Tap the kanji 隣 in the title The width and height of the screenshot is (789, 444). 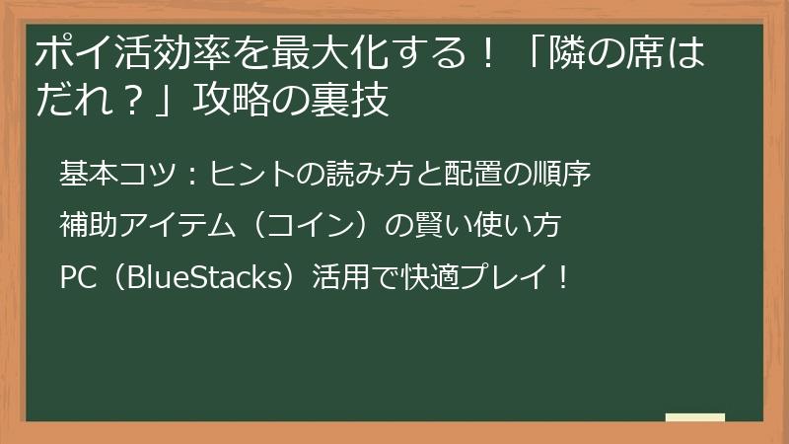pyautogui.click(x=578, y=52)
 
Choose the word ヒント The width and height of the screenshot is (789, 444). pyautogui.click(x=243, y=174)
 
